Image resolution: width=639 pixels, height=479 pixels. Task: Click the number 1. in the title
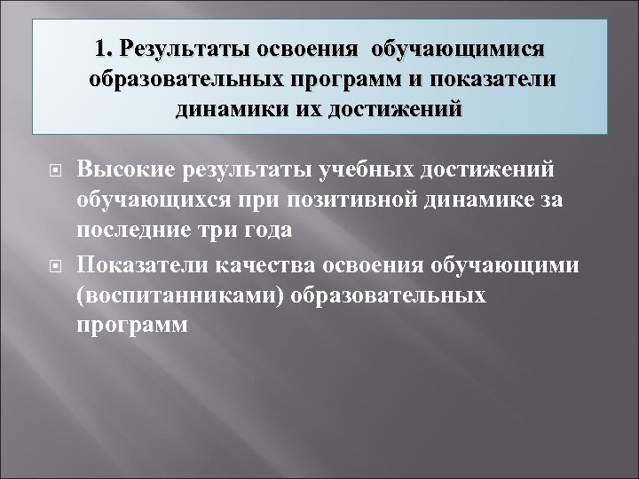tap(109, 47)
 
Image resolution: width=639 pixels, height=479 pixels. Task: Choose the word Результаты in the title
tap(188, 47)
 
